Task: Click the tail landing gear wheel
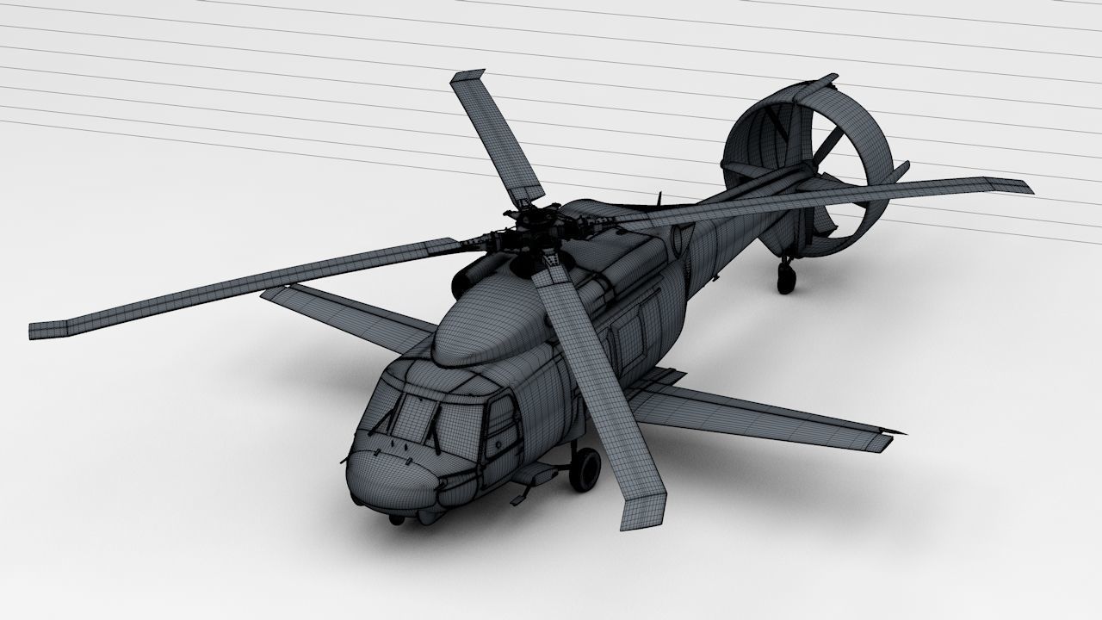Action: tap(786, 277)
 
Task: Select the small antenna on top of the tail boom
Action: tap(659, 200)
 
